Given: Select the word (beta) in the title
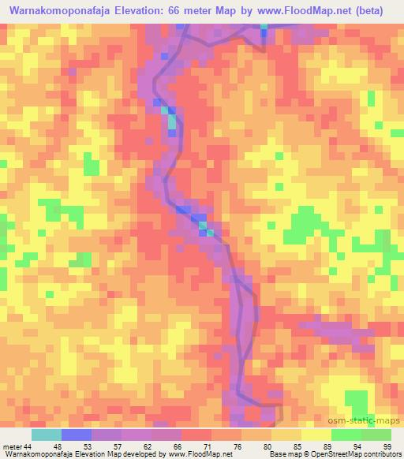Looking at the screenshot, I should coord(372,11).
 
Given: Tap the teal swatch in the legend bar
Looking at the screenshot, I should coord(46,435).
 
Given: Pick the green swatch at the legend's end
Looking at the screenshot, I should coord(376,435).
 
